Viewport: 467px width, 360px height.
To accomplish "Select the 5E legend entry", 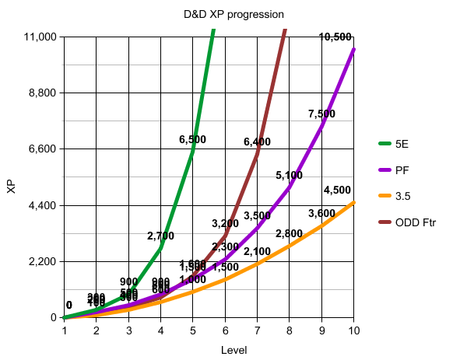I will coord(402,144).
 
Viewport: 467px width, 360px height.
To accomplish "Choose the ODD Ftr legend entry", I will coord(416,222).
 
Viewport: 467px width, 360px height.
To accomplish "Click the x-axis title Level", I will coord(233,351).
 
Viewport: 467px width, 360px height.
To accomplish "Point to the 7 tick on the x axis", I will coord(257,330).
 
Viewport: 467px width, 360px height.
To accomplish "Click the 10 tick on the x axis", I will coord(353,330).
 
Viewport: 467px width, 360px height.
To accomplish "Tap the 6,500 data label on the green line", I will coord(192,140).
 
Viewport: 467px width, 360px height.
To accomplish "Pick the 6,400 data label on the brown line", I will coord(257,142).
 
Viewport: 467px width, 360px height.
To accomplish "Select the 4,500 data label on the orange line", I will coord(337,190).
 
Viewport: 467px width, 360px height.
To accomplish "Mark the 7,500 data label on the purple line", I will coord(321,114).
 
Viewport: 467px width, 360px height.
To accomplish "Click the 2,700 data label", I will coord(160,236).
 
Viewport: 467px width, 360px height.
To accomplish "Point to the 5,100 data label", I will coord(289,176).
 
